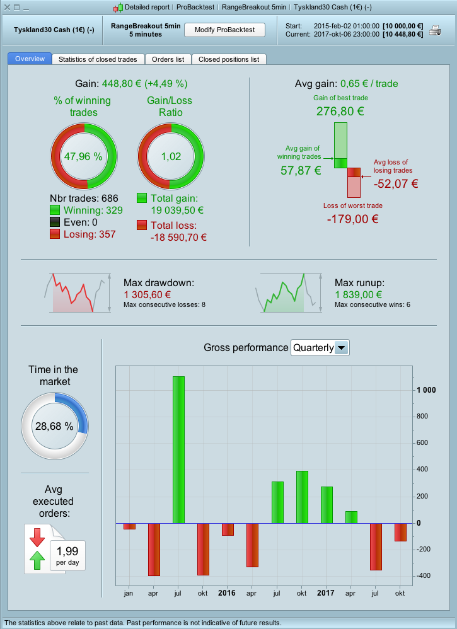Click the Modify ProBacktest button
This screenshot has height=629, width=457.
[x=225, y=30]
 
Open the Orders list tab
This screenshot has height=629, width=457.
[x=168, y=59]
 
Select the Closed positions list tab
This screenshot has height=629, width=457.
[x=228, y=59]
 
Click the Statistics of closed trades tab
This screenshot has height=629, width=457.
[x=97, y=59]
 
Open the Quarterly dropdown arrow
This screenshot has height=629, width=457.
[x=341, y=348]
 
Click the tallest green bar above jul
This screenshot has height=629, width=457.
[x=178, y=449]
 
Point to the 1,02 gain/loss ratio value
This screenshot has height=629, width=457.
[x=171, y=157]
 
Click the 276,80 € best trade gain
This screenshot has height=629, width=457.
[x=340, y=112]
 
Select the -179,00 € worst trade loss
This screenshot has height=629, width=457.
[x=352, y=219]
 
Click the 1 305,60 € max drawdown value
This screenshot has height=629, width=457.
[x=148, y=294]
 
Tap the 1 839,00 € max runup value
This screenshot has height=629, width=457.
[x=359, y=294]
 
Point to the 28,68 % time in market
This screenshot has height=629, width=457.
[x=55, y=427]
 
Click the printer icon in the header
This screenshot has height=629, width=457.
[x=436, y=30]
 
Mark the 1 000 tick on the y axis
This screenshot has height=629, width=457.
[x=426, y=390]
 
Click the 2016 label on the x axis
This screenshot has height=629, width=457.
[x=227, y=593]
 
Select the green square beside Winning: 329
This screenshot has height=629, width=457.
[x=55, y=211]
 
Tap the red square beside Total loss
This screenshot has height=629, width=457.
[x=142, y=225]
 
